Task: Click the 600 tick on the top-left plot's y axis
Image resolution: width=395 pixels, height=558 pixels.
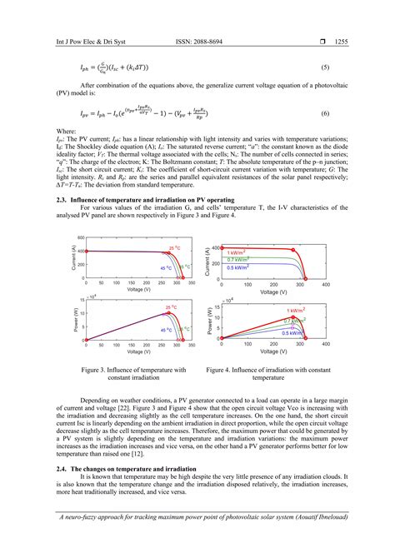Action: click(81, 238)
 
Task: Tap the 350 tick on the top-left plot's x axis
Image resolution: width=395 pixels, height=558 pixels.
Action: click(191, 285)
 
